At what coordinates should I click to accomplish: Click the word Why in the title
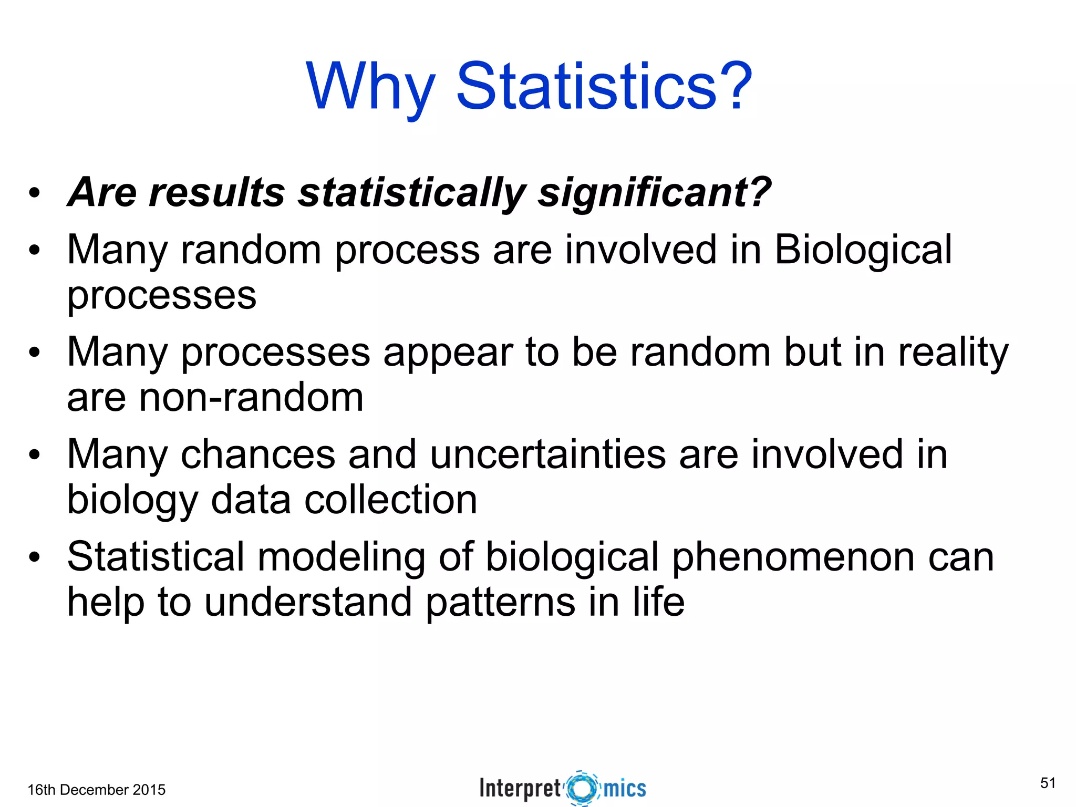[x=370, y=87]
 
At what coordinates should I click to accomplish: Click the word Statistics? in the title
[x=604, y=87]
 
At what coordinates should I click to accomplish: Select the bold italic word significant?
[x=654, y=193]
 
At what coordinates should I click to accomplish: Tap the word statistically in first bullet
[x=412, y=193]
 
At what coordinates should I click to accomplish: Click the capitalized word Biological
[x=863, y=250]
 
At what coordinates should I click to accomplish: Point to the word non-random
[x=251, y=398]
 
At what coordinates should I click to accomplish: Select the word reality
[x=953, y=353]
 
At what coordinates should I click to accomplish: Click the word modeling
[x=342, y=557]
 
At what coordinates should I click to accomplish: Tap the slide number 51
[x=1048, y=783]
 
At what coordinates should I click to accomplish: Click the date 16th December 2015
[x=96, y=790]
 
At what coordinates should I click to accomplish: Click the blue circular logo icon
[x=582, y=789]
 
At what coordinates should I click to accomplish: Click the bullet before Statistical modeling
[x=35, y=557]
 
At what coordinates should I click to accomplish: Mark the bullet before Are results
[x=35, y=193]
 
